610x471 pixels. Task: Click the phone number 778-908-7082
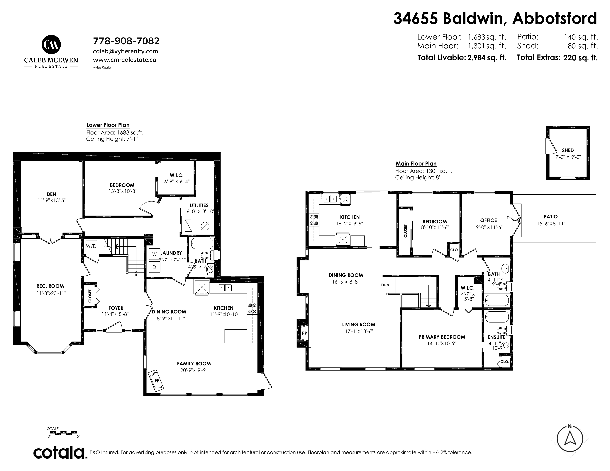pyautogui.click(x=126, y=41)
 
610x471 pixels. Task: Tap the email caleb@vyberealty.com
pyautogui.click(x=125, y=51)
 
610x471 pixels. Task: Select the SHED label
pyautogui.click(x=568, y=150)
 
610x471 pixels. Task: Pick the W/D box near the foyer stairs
pyautogui.click(x=91, y=246)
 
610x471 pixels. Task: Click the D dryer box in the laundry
pyautogui.click(x=154, y=267)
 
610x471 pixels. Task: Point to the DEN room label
pyautogui.click(x=51, y=194)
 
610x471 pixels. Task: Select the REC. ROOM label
pyautogui.click(x=50, y=286)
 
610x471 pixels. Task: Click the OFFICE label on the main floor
pyautogui.click(x=489, y=220)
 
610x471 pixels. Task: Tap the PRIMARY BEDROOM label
pyautogui.click(x=442, y=337)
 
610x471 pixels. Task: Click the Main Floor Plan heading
pyautogui.click(x=416, y=164)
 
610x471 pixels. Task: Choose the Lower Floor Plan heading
pyautogui.click(x=108, y=125)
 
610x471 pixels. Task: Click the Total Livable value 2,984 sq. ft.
pyautogui.click(x=487, y=58)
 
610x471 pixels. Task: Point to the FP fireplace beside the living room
pyautogui.click(x=304, y=333)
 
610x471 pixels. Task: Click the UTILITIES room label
pyautogui.click(x=199, y=205)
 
